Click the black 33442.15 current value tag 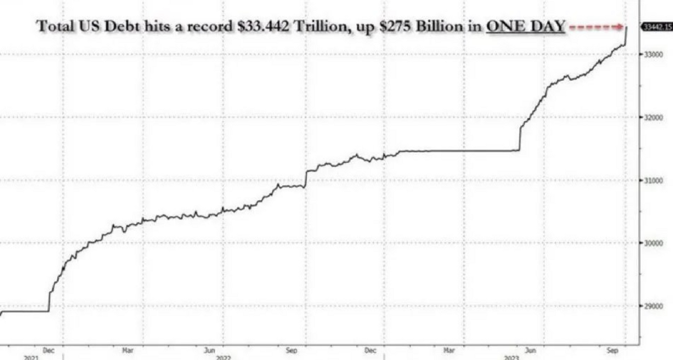[656, 26]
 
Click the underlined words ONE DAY [526, 26]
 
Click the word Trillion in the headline [321, 26]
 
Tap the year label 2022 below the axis [223, 357]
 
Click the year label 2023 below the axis [511, 357]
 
